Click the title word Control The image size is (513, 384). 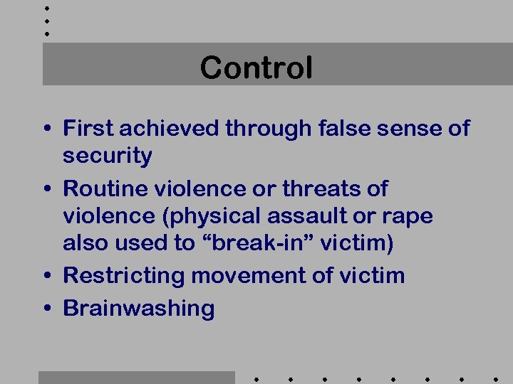256,68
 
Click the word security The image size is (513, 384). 108,156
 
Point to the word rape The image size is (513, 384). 408,216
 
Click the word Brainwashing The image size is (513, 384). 139,309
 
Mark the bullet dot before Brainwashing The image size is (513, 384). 46,309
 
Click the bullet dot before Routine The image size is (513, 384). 46,189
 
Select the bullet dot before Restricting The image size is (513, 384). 46,276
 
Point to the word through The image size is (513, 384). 268,129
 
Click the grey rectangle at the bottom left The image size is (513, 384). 136,377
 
